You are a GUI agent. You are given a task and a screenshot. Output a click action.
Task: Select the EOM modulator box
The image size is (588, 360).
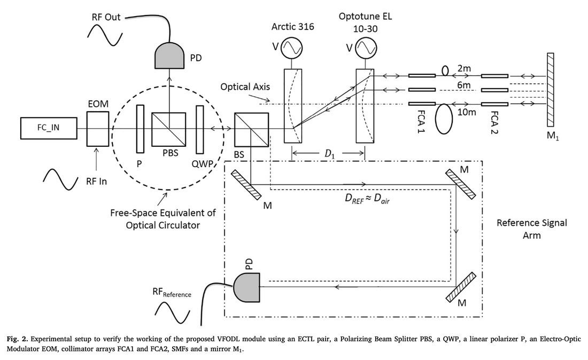97,129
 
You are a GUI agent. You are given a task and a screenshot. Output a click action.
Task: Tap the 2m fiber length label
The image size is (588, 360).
465,69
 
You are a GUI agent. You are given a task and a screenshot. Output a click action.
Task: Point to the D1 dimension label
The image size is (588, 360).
328,154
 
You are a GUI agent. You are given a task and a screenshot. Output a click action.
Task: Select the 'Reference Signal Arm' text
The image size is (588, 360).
532,229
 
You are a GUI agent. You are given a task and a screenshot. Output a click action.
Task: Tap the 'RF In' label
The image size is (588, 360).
96,181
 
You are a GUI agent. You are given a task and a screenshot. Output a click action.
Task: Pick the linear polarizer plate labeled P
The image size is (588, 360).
141,129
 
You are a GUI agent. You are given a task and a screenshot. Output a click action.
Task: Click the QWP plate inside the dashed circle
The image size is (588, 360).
200,129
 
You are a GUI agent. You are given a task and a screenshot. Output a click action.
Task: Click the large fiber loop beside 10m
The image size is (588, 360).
444,118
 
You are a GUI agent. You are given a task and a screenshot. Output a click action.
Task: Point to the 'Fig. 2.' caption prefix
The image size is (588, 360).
19,340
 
